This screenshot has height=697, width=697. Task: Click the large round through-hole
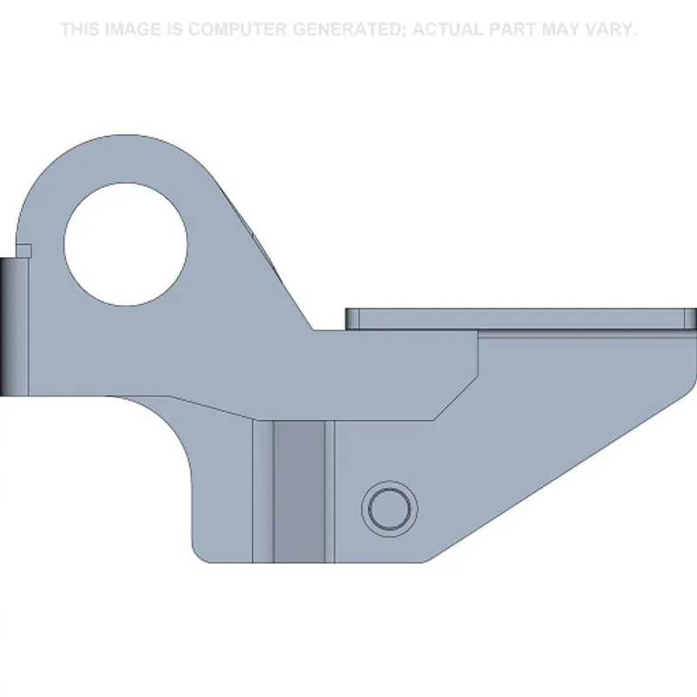click(x=125, y=244)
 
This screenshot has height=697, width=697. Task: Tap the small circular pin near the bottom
click(x=389, y=509)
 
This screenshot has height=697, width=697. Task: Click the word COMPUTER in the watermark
click(x=238, y=30)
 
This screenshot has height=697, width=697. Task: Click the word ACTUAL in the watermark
click(x=448, y=30)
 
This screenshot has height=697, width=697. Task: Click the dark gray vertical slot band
click(x=299, y=491)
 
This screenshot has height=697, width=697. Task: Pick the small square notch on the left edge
click(x=24, y=251)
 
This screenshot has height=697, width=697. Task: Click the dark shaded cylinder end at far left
click(x=8, y=327)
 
